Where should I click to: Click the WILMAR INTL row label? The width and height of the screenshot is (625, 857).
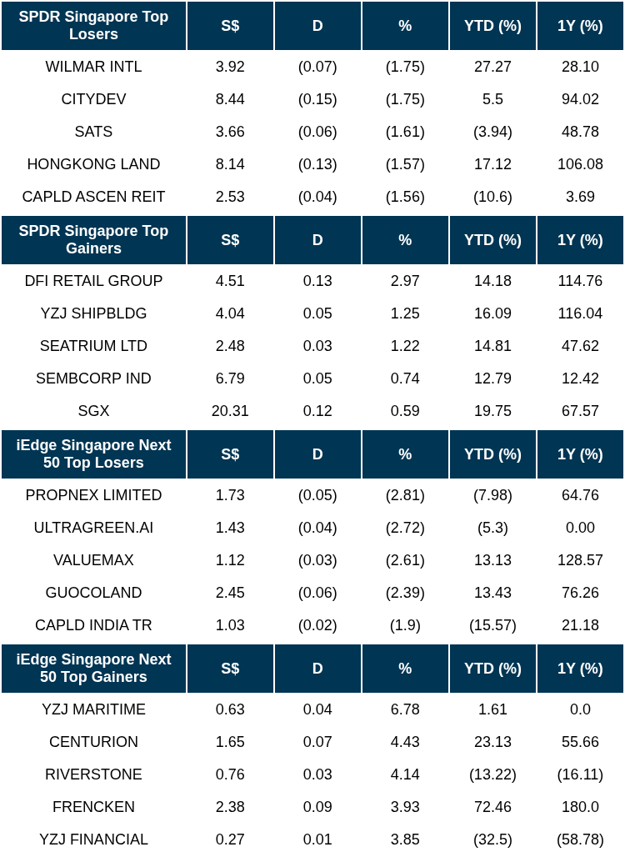tap(93, 67)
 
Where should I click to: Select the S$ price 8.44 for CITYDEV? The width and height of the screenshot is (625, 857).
tap(230, 99)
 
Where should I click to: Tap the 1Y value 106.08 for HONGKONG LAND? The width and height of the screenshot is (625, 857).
tap(580, 164)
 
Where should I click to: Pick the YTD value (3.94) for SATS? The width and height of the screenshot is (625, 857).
tap(492, 132)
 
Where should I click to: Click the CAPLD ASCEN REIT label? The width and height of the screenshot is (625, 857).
tap(93, 197)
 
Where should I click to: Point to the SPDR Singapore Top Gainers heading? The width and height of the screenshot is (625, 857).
tap(93, 240)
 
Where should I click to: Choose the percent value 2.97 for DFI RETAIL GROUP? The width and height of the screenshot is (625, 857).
tap(405, 281)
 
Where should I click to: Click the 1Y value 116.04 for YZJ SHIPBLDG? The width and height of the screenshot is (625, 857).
tap(580, 313)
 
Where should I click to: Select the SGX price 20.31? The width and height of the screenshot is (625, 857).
tap(230, 411)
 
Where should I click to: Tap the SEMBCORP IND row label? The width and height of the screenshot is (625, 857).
tap(93, 378)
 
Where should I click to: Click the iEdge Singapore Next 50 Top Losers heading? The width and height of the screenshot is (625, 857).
tap(93, 454)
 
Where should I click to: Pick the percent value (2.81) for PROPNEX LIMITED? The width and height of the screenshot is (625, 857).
tap(405, 495)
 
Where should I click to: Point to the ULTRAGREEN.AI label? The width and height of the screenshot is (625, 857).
tap(93, 528)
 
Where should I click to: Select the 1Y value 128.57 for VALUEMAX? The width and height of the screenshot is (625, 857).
tap(580, 560)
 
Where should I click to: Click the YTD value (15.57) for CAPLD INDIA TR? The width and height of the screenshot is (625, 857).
tap(492, 625)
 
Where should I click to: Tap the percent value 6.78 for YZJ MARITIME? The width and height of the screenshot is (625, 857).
tap(405, 709)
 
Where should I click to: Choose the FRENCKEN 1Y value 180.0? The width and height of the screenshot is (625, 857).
tap(580, 807)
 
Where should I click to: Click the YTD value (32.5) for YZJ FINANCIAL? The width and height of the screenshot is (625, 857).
tap(492, 839)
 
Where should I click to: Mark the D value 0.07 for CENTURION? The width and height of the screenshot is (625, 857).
tap(317, 742)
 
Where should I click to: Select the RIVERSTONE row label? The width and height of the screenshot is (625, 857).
tap(93, 774)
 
